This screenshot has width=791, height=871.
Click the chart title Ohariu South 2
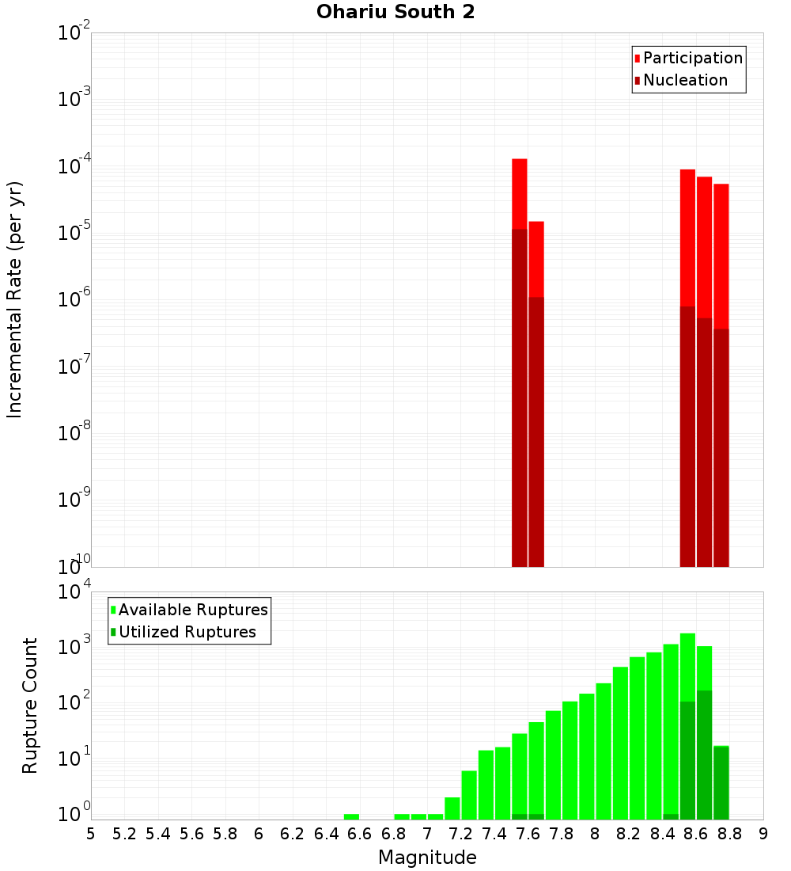click(395, 13)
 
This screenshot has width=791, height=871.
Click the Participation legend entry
click(693, 58)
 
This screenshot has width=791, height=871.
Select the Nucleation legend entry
click(685, 80)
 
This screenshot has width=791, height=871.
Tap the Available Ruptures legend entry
click(193, 610)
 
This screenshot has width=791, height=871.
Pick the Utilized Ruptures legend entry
click(187, 632)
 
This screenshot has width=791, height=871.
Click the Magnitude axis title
click(427, 858)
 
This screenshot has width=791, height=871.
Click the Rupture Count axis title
click(30, 706)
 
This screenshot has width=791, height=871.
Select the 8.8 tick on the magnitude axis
click(730, 834)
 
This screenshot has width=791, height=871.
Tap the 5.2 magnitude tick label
click(125, 834)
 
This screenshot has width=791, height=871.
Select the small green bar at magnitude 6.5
click(351, 816)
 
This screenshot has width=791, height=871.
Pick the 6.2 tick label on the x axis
click(293, 834)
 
